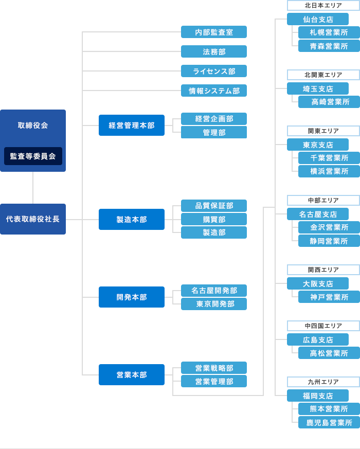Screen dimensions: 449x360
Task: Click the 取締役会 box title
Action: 33,125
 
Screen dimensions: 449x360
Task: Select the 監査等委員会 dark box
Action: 33,156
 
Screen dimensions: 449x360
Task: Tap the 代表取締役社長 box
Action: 33,219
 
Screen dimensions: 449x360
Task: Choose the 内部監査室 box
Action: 214,32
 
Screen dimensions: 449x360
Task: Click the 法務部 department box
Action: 214,51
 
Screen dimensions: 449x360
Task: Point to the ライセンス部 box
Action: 214,71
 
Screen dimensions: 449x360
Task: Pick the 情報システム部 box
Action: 214,91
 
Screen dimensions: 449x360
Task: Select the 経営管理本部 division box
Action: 132,125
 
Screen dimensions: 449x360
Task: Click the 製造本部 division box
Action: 132,219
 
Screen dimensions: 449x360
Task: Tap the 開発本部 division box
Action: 132,297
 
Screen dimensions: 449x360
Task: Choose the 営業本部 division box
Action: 132,374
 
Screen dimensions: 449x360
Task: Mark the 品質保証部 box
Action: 214,206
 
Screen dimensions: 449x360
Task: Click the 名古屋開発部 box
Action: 214,290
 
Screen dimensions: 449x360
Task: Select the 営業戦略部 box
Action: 214,368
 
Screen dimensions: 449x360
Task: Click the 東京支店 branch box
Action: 318,145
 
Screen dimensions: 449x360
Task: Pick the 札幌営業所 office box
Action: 329,32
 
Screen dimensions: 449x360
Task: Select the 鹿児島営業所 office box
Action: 329,422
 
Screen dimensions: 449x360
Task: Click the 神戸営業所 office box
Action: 329,297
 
